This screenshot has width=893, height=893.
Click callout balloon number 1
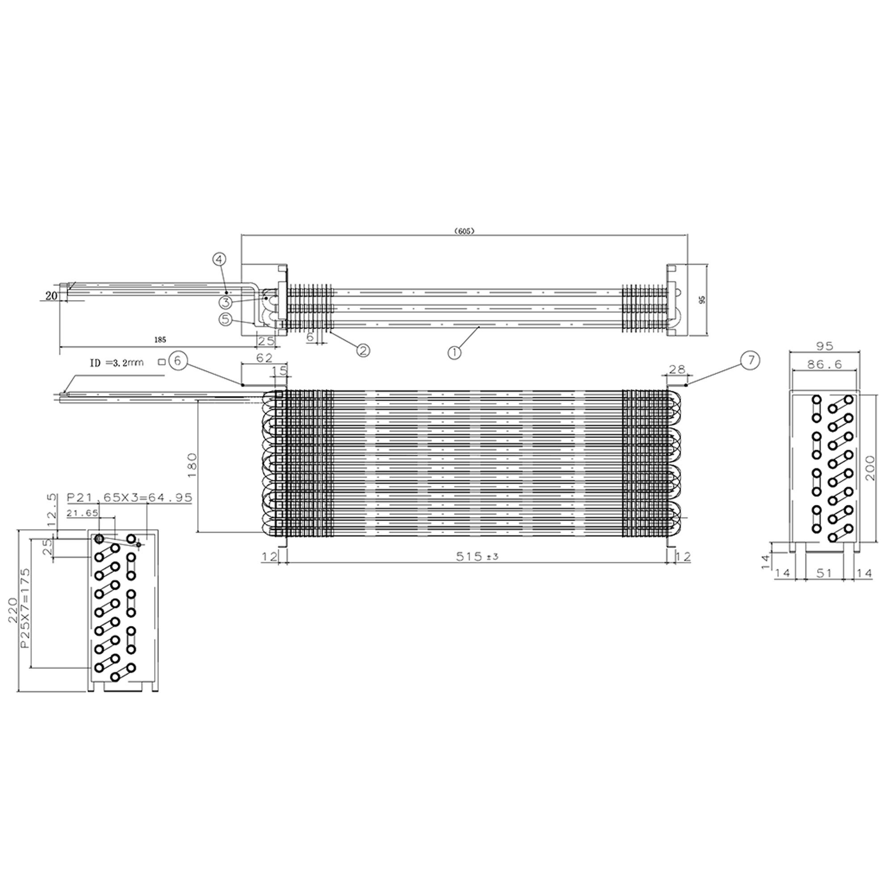pos(455,353)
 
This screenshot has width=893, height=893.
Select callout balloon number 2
pos(363,350)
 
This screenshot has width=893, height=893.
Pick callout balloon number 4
pos(220,260)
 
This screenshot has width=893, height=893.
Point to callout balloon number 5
pos(225,319)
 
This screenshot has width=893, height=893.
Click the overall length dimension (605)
pos(464,231)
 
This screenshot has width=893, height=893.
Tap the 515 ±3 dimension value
pos(476,557)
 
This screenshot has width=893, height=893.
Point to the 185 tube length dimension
pos(160,340)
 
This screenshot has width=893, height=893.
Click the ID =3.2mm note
pos(117,363)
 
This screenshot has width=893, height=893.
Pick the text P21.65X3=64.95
pos(129,498)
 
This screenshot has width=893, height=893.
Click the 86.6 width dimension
pos(824,365)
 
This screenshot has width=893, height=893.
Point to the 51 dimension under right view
pos(824,573)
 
